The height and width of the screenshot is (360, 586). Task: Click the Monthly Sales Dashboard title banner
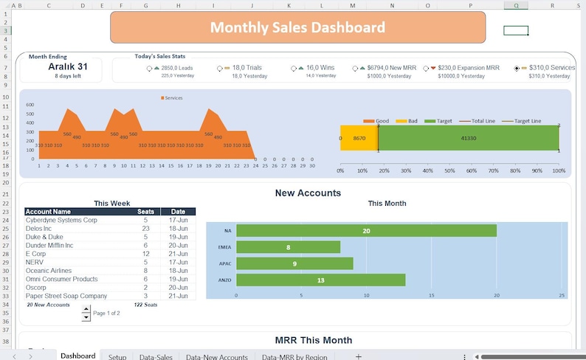(297, 27)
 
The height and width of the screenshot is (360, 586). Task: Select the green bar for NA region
(366, 231)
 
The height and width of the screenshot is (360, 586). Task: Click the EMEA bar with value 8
(288, 247)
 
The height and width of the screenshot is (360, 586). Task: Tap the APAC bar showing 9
(294, 263)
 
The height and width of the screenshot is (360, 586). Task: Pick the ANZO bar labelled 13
(320, 280)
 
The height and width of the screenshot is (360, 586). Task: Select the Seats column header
(146, 212)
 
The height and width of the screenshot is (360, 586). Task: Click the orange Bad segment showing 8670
(359, 138)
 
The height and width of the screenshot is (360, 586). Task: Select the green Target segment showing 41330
(468, 138)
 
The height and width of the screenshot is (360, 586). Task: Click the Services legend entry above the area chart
(173, 97)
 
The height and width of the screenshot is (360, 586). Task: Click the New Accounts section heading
(308, 193)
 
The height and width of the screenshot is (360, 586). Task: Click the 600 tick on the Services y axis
(30, 105)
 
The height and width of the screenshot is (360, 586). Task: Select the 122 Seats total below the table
(145, 305)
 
